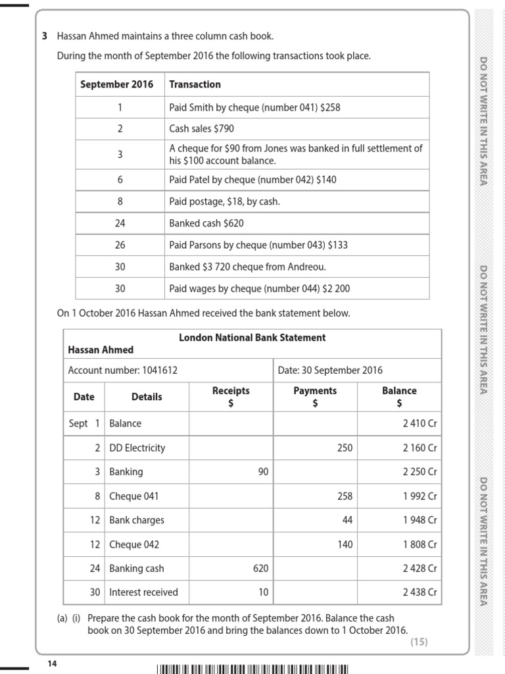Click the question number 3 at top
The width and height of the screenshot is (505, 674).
coord(45,36)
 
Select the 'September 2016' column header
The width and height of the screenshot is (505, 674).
coord(116,84)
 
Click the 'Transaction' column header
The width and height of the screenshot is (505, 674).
coord(195,84)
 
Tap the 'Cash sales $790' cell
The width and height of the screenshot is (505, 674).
coord(201,129)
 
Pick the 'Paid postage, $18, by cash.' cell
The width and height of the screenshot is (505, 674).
coord(224,201)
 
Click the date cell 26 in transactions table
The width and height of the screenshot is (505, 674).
coord(120,245)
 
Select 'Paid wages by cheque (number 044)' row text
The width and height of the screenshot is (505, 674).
coord(251,288)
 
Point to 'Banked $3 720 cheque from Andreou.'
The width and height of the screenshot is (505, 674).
coord(247,267)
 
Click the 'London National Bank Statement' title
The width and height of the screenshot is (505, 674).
coord(252,338)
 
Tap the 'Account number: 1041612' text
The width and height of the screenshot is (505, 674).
coord(122,371)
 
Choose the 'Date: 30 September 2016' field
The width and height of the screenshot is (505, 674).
coord(330,371)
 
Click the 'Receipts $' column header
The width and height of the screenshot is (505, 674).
coord(231,396)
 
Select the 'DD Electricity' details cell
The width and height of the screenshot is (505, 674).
coord(137,448)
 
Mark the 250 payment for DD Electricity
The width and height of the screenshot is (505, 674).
coord(344,448)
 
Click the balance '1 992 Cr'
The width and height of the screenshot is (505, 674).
coord(420,496)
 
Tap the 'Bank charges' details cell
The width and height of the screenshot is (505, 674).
coord(137,520)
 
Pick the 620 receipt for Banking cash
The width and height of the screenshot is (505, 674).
coord(260,568)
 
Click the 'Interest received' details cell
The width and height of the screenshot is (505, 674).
coord(143,592)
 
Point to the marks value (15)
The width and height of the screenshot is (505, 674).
coord(419,642)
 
